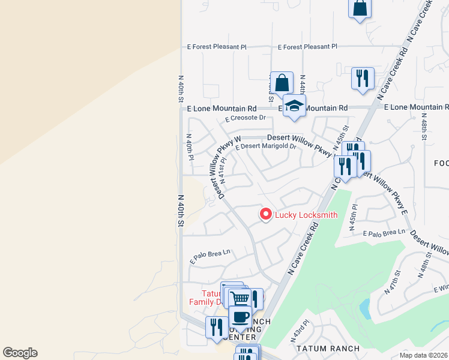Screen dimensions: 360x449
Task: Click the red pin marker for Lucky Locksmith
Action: pyautogui.click(x=265, y=214)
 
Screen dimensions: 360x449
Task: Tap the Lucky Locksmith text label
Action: pyautogui.click(x=306, y=215)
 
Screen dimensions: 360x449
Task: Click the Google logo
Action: pyautogui.click(x=20, y=353)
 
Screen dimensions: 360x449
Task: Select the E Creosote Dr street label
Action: pyautogui.click(x=246, y=118)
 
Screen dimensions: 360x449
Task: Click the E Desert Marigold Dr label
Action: pyautogui.click(x=267, y=146)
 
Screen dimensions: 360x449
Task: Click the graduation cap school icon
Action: pyautogui.click(x=294, y=106)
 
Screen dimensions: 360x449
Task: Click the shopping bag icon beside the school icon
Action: pyautogui.click(x=282, y=83)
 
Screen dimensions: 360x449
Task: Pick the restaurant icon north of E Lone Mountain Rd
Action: pyautogui.click(x=363, y=78)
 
